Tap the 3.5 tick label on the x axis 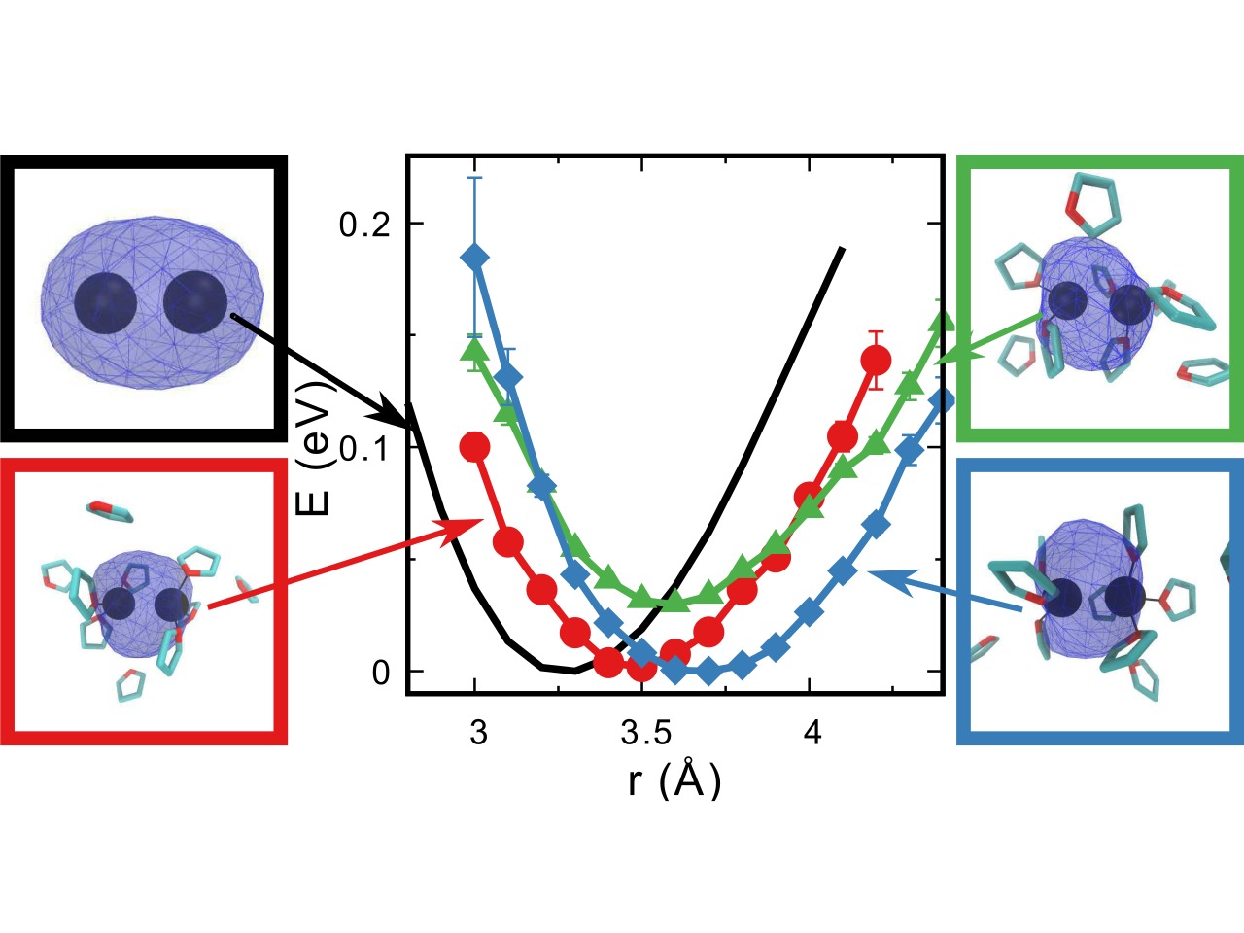coord(643,732)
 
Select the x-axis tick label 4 coord(812,732)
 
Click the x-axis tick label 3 coord(477,732)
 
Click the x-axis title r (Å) coord(674,779)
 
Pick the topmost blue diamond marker coord(475,257)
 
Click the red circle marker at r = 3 coord(475,447)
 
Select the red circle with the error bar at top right coord(876,360)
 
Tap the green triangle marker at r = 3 coord(475,348)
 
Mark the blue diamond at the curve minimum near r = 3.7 coord(708,671)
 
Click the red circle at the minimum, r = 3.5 coord(641,668)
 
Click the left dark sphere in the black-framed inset coord(105,303)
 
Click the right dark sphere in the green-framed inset coord(1129,305)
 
